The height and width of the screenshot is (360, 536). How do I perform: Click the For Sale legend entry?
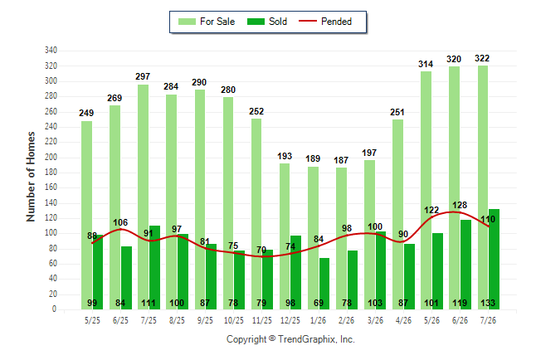coord(207,22)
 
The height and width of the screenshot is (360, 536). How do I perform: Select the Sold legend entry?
coord(267,22)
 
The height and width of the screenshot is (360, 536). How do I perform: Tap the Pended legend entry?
coord(325,22)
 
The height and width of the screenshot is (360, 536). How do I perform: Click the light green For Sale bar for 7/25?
coord(144,197)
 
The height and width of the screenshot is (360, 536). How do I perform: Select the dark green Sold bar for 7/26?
coord(494,259)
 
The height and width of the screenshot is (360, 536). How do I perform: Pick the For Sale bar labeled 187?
coord(342,238)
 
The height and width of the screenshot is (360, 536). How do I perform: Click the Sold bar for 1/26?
coord(324,284)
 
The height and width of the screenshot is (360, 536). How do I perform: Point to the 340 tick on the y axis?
coord(51,51)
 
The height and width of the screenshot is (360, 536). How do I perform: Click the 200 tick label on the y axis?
coord(51,158)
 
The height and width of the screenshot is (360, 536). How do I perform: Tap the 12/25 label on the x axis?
coord(290,320)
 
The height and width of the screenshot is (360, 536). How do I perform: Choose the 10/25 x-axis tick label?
coord(233,320)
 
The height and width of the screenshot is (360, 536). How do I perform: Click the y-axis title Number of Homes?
coord(31,177)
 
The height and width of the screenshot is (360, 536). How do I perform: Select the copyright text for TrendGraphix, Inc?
coord(290,339)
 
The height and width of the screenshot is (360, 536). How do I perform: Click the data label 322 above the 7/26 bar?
coord(482,58)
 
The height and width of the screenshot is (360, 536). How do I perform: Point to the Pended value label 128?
coord(460,205)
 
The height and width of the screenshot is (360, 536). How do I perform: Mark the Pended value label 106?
coord(120,222)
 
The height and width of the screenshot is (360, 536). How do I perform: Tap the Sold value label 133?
coord(488,303)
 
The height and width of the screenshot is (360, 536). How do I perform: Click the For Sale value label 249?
coord(86,113)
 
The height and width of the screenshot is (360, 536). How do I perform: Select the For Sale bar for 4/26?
coord(398,214)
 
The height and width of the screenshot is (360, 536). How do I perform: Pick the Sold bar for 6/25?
coord(126,278)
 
